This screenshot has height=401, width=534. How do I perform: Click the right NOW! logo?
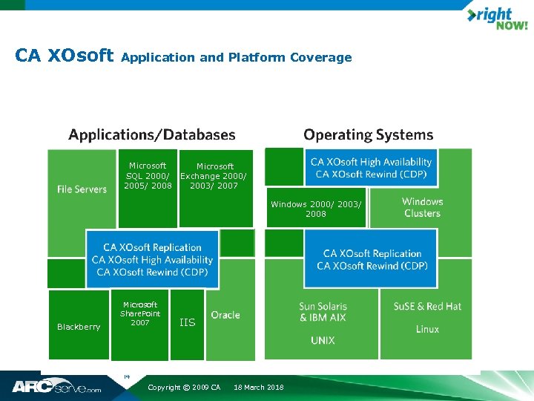tap(496, 18)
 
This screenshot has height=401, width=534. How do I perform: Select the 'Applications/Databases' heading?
tap(152, 135)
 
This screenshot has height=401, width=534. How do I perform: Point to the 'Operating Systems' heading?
tap(368, 135)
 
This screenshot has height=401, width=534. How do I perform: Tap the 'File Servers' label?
tap(82, 189)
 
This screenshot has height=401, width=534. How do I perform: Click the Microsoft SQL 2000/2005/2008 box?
tap(148, 177)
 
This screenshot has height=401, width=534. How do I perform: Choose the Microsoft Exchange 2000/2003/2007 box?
tap(214, 177)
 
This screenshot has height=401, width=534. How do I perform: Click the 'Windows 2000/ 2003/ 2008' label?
tap(316, 209)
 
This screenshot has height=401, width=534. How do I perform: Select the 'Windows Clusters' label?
tap(422, 207)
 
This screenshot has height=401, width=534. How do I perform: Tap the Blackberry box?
tap(79, 327)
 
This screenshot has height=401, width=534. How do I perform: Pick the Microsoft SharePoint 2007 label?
tap(140, 313)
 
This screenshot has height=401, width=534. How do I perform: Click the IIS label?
tap(188, 322)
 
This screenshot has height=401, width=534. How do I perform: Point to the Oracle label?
tap(225, 315)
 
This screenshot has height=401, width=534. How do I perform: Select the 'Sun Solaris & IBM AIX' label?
tap(323, 312)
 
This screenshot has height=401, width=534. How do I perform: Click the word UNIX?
tap(323, 340)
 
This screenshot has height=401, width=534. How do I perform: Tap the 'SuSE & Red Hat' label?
tap(427, 306)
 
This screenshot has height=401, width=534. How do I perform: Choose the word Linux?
tap(427, 329)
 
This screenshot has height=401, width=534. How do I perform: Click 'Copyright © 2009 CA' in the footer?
tap(184, 388)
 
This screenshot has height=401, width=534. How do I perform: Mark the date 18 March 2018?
tap(258, 388)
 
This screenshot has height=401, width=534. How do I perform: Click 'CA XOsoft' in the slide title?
tap(64, 56)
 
